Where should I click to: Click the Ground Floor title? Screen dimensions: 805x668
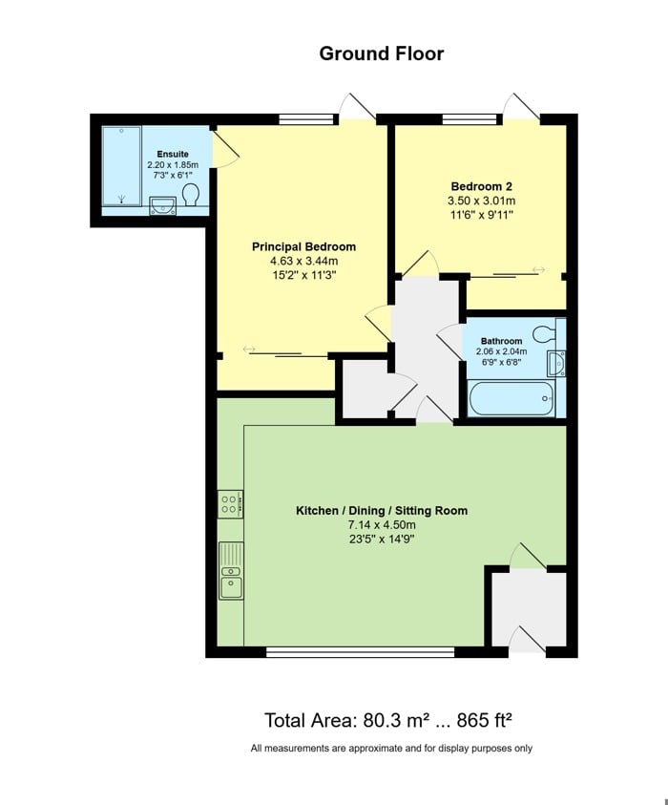(381, 53)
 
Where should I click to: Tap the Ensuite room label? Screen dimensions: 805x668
(173, 154)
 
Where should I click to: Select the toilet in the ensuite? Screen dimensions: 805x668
(191, 196)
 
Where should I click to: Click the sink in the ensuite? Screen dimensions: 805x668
(162, 202)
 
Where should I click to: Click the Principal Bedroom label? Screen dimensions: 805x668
(303, 246)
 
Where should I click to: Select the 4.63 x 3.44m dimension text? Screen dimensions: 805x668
(303, 261)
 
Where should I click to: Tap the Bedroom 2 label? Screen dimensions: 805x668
(482, 186)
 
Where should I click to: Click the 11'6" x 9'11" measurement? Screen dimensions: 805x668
(482, 215)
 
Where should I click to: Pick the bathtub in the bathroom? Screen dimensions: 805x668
(510, 398)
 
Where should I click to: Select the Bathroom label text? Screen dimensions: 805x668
(501, 341)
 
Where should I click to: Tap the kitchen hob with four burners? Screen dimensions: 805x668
(229, 504)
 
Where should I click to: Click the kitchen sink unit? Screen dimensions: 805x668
(230, 570)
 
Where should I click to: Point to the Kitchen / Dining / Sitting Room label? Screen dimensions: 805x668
(382, 510)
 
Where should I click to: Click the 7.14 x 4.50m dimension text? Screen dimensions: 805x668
(382, 524)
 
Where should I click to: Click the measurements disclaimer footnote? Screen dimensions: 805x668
(391, 749)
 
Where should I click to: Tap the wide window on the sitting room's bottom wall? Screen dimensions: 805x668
(360, 653)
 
